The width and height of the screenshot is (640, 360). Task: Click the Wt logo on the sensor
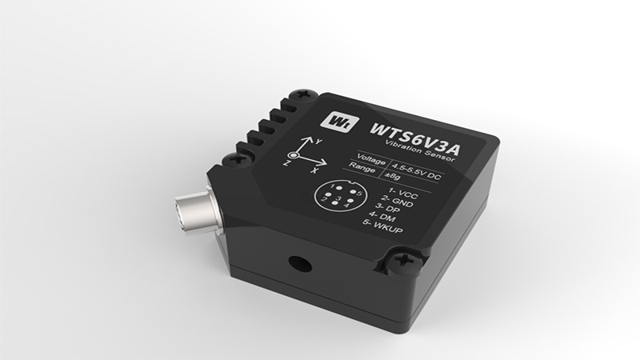pyautogui.click(x=339, y=122)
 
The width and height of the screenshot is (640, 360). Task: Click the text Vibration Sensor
pyautogui.click(x=419, y=150)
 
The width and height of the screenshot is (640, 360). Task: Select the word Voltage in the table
pyautogui.click(x=370, y=159)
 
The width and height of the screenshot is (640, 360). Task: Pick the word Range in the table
pyautogui.click(x=362, y=167)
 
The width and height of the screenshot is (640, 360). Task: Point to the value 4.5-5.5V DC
pyautogui.click(x=416, y=171)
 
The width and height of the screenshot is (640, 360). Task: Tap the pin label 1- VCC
pyautogui.click(x=403, y=193)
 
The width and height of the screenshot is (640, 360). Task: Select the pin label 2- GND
pyautogui.click(x=397, y=201)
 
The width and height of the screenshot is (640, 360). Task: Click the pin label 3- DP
pyautogui.click(x=387, y=208)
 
